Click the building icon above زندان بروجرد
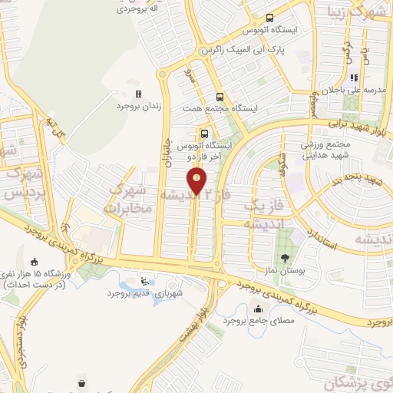[x=139, y=94]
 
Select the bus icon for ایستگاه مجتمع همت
[x=220, y=97]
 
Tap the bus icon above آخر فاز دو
[x=203, y=131]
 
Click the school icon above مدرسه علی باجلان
[x=354, y=78]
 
